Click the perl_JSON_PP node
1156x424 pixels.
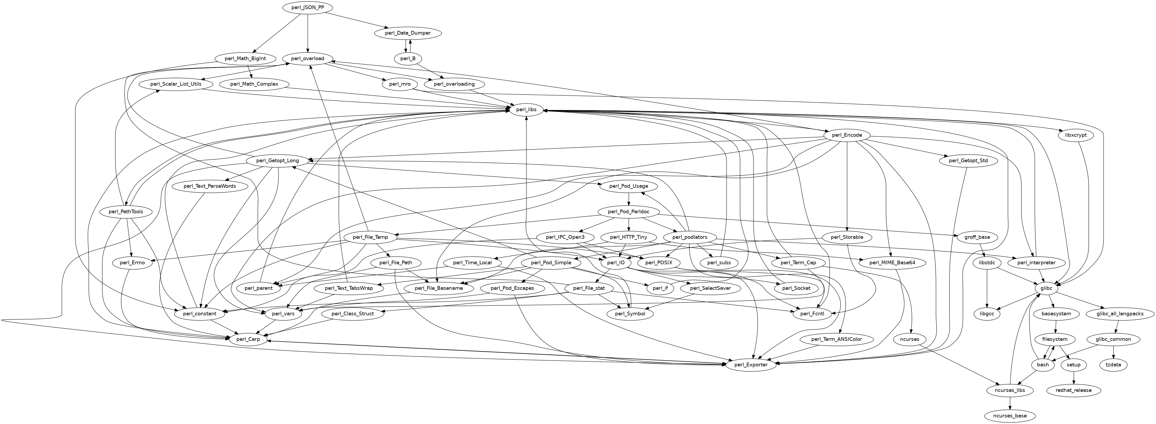(307, 8)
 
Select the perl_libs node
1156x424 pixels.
(526, 110)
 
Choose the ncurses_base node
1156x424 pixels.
(1010, 416)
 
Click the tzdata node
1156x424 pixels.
(1113, 365)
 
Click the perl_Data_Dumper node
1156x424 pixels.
(407, 33)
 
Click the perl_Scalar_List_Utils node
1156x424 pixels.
(175, 84)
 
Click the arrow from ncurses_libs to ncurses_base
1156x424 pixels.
(1010, 403)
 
